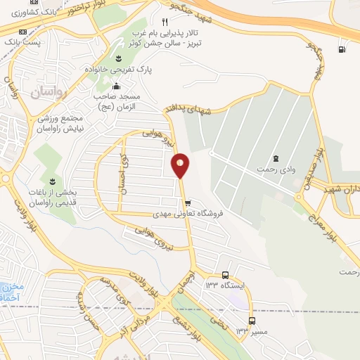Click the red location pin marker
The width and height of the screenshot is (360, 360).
(x=181, y=166)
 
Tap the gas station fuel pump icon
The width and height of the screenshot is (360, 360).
(x=342, y=49)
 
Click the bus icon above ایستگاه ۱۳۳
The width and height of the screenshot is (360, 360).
(x=224, y=275)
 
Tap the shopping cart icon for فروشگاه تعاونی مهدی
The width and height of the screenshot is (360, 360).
(x=187, y=202)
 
